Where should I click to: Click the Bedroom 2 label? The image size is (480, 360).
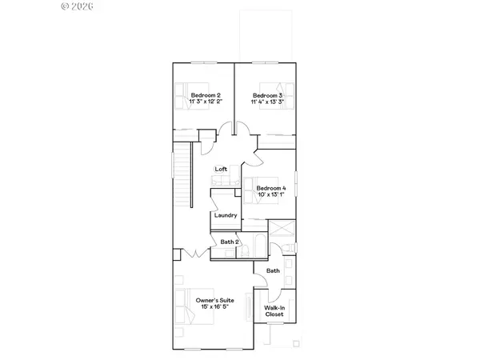(206, 95)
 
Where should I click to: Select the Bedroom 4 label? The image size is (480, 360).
(270, 188)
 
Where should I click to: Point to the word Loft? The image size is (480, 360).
(222, 169)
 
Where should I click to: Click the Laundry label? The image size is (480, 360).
(225, 215)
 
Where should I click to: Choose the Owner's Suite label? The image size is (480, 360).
(213, 299)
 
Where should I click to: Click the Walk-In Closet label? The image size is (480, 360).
(274, 310)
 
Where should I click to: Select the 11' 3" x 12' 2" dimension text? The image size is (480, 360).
(206, 102)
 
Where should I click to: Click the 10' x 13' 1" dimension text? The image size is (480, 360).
(270, 194)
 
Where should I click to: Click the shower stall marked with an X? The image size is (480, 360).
(282, 230)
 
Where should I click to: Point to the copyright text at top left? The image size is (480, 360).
(78, 6)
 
